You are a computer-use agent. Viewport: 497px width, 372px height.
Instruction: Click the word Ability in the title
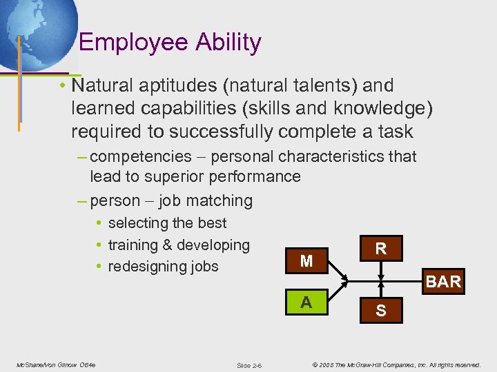tap(233, 43)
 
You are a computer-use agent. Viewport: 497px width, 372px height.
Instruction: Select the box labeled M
tap(306, 261)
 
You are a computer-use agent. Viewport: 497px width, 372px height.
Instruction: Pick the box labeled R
tap(380, 248)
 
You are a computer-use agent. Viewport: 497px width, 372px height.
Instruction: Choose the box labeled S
tap(380, 312)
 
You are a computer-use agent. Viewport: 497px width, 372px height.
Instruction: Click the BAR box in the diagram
tap(443, 281)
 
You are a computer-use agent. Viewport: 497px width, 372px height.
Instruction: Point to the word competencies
tap(140, 156)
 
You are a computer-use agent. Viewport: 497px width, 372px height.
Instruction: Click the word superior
tap(163, 176)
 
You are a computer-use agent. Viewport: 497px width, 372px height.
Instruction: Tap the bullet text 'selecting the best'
tap(167, 223)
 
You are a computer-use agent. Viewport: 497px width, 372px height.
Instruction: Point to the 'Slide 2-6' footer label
tap(248, 365)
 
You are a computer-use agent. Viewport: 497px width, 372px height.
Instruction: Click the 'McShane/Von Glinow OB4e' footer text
tap(56, 364)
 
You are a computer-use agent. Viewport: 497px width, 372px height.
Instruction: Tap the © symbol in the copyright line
tap(313, 364)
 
